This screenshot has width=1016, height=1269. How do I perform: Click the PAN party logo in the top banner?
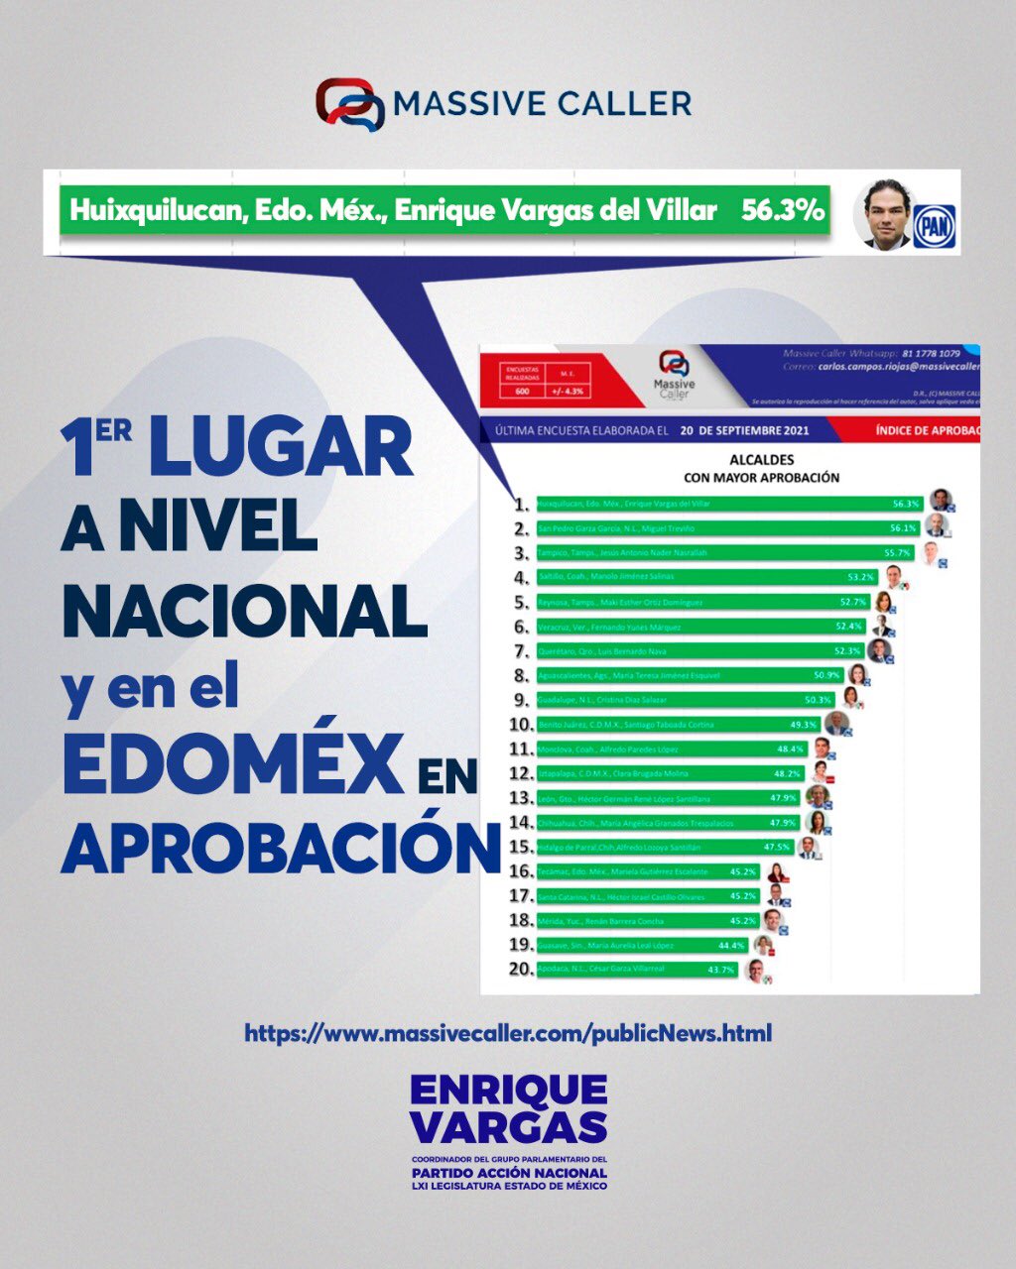click(934, 226)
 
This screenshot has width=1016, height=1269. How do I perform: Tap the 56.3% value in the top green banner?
click(782, 210)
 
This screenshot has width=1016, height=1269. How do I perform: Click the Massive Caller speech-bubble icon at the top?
click(349, 104)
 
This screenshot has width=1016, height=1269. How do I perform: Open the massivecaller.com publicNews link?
click(508, 1033)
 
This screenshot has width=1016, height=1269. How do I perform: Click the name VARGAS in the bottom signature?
click(508, 1127)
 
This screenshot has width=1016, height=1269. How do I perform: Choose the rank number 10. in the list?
click(521, 725)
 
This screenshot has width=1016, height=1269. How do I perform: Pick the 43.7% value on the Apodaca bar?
click(720, 970)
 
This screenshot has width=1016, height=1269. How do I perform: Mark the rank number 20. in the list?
click(521, 969)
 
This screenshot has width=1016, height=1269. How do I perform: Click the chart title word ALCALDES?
click(761, 460)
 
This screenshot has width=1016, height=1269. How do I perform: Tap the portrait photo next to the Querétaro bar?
click(879, 649)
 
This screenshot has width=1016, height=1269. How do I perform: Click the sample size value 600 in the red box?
click(522, 392)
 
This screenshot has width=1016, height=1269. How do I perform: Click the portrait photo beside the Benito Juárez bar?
click(836, 724)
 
